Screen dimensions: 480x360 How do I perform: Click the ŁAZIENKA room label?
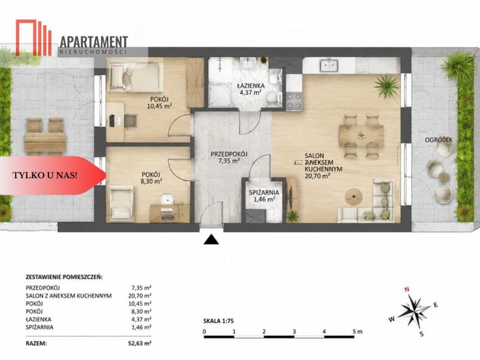coord(250,86)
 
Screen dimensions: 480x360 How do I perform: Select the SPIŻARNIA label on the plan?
coord(263,193)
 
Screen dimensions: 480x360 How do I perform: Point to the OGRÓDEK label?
coord(439,140)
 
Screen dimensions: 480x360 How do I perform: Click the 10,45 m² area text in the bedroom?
coord(159,106)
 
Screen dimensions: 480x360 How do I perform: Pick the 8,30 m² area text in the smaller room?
coord(152,182)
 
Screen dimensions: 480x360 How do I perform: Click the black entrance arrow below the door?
coord(211,239)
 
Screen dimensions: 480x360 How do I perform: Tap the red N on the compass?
coord(407,289)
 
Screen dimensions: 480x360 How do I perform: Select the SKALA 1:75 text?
coord(218,321)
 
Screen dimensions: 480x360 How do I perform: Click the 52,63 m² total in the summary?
coord(140,343)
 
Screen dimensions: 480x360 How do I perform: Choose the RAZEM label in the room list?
coord(37,343)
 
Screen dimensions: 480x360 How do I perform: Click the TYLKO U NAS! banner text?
coord(44,175)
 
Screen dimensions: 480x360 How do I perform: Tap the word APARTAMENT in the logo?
coord(94,42)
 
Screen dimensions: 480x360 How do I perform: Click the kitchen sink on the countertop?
coord(329,66)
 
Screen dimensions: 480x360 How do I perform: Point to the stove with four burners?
coord(294,101)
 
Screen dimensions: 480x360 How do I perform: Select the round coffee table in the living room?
coord(353,196)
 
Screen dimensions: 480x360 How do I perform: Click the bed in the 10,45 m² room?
coord(134,77)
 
